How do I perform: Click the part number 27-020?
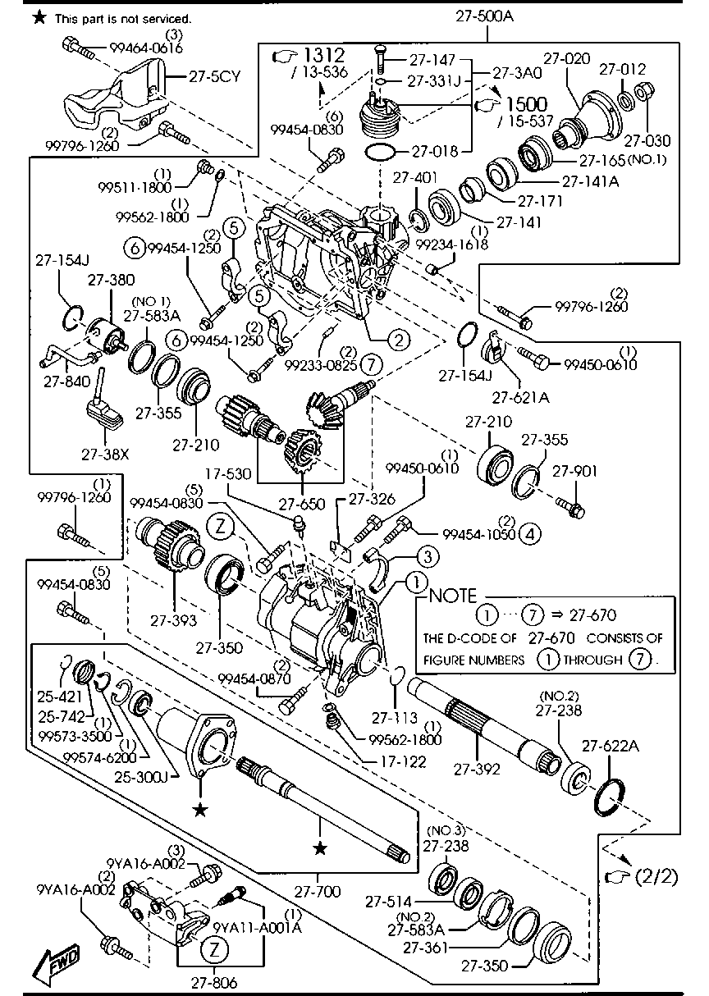566,59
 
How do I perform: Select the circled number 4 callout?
530,534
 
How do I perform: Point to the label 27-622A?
611,746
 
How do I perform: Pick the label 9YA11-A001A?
257,927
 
